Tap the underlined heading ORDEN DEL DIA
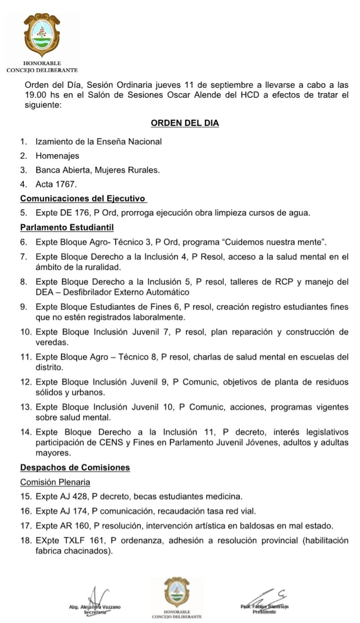184,123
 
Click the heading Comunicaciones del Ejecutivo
83,198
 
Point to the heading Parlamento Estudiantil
67,228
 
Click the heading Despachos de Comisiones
75,468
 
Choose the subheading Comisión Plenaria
55,482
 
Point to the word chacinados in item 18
88,551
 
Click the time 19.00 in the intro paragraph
35,95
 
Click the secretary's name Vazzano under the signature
110,607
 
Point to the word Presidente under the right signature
264,611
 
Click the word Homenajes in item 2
57,156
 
